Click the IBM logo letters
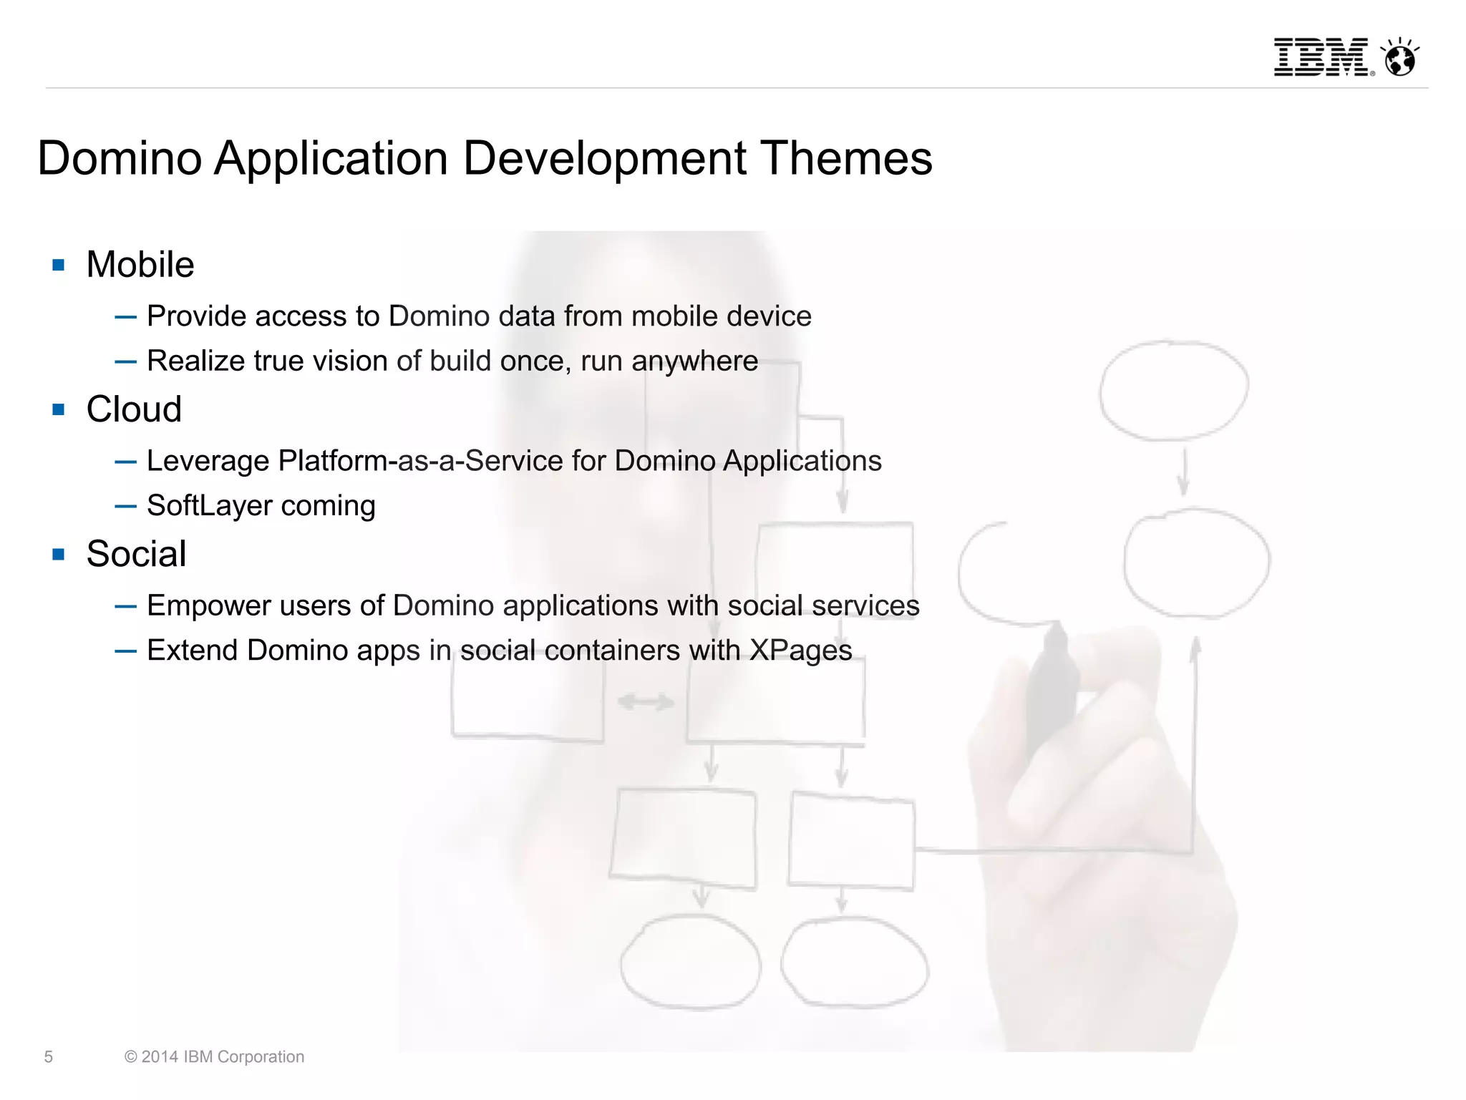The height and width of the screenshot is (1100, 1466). click(1321, 57)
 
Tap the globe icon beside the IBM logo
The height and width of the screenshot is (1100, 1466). click(1400, 58)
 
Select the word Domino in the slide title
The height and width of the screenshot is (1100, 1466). click(120, 158)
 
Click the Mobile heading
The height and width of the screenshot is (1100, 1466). click(140, 265)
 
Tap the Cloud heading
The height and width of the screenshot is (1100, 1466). click(134, 409)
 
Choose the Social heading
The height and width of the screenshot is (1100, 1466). click(136, 554)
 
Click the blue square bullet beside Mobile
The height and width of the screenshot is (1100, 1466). click(59, 266)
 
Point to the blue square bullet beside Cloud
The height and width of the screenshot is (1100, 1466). click(59, 410)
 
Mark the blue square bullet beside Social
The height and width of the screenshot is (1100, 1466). click(59, 555)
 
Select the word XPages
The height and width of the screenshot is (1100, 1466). click(800, 651)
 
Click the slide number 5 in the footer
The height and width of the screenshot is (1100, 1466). click(49, 1057)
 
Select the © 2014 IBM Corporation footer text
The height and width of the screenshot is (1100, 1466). click(214, 1057)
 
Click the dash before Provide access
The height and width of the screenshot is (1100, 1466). click(125, 317)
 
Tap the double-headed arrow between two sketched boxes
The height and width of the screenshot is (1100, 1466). click(646, 702)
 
